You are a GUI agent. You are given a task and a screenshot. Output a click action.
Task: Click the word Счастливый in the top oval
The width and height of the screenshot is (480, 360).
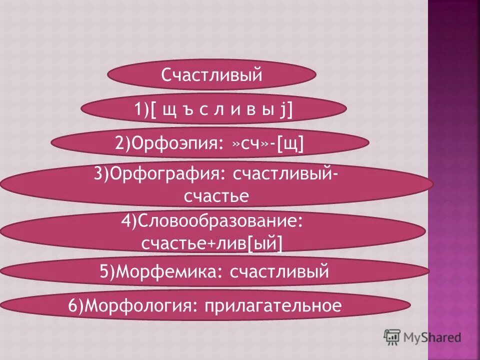(x=212, y=75)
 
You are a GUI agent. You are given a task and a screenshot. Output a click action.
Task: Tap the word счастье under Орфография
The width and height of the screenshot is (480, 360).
(x=216, y=196)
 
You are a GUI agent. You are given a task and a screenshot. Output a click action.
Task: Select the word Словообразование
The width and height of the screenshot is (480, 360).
(x=222, y=221)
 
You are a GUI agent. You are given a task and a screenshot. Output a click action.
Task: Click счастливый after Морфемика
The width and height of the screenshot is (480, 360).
(x=279, y=272)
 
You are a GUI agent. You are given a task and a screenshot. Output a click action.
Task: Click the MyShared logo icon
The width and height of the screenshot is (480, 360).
(x=392, y=338)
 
